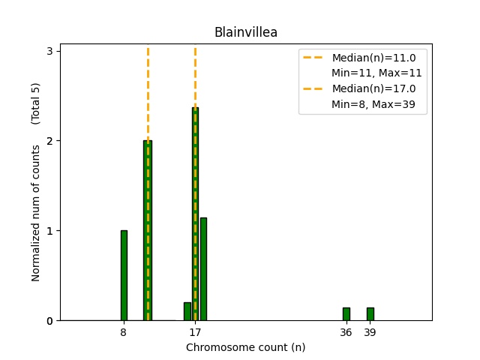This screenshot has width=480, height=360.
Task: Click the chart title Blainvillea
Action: (245, 32)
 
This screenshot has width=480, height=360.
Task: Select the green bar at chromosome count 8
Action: (124, 275)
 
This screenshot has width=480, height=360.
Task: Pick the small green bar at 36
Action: (346, 314)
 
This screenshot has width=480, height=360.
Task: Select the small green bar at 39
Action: (370, 314)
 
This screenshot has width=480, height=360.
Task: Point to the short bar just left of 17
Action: (187, 311)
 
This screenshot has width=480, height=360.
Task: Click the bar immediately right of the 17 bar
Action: (203, 269)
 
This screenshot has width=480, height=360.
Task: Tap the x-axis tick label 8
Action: (124, 332)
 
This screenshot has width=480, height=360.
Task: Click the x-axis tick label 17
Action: (195, 332)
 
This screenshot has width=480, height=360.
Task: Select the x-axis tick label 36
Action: (346, 332)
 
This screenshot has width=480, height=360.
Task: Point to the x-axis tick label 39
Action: (370, 332)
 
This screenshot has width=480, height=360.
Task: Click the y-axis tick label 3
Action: (49, 51)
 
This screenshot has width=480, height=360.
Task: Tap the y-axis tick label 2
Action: (49, 141)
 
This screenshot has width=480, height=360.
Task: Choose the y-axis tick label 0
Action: (49, 321)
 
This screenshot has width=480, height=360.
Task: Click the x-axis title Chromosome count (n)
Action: (245, 347)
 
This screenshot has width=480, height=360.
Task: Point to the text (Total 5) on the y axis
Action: (35, 103)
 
